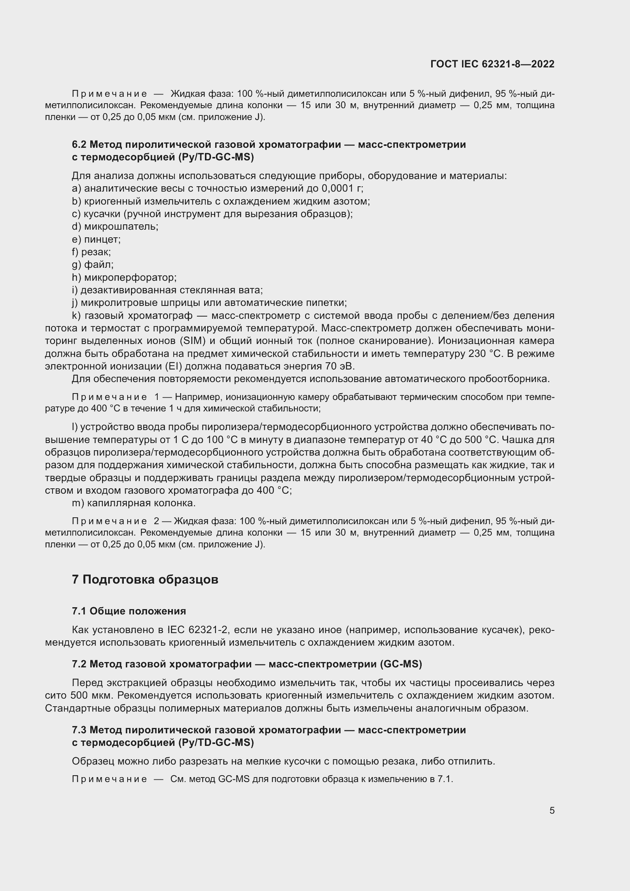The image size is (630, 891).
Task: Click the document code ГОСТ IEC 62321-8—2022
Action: pos(492,64)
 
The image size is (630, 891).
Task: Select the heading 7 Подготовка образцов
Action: pos(145,579)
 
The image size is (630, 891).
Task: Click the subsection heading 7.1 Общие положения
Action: pos(129,611)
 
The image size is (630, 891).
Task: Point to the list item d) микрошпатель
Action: pos(115,226)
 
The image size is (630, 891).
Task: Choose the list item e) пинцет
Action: pos(96,239)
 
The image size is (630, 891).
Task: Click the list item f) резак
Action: pos(91,252)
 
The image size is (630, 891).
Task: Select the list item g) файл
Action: pos(93,265)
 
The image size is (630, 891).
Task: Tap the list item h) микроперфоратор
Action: pos(124,277)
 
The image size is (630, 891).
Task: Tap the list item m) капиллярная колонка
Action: pos(134,503)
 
